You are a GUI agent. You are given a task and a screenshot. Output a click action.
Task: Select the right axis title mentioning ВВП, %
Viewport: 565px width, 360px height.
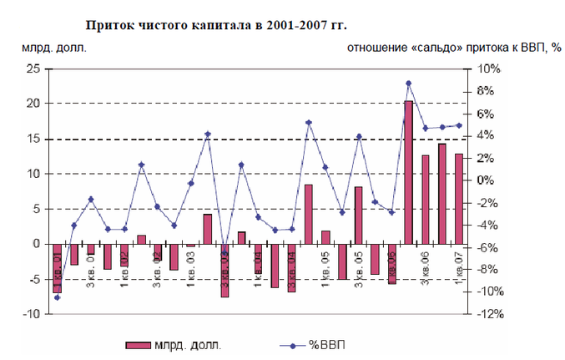coord(453,48)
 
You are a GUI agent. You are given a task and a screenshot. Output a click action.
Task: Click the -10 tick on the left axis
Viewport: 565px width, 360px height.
coord(31,314)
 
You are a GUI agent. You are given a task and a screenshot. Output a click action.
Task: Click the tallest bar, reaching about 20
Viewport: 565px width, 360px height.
coord(409,171)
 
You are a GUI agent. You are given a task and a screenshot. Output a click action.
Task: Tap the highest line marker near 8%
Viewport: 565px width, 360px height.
coord(409,84)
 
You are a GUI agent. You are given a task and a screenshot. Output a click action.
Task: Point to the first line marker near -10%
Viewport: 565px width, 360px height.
coord(58,297)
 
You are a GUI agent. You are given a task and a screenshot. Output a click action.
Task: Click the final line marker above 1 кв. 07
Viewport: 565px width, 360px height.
coord(459,125)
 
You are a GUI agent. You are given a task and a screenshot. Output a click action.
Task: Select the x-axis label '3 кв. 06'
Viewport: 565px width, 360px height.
coord(425,267)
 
